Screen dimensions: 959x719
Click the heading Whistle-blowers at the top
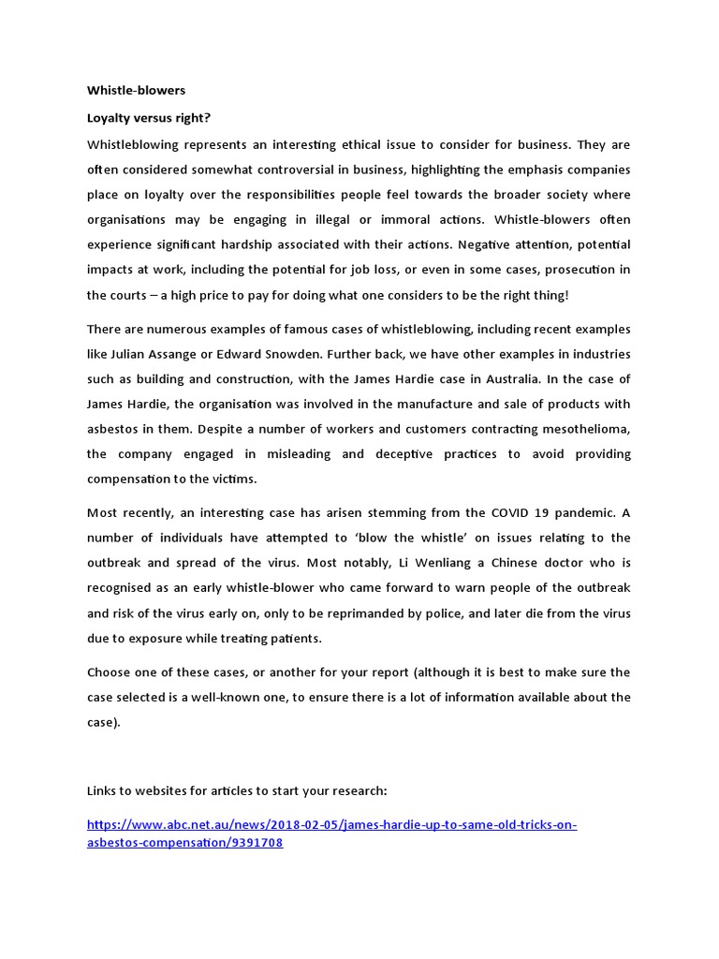[136, 91]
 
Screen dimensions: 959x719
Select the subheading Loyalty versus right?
[142, 120]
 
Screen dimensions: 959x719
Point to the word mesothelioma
[579, 428]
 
